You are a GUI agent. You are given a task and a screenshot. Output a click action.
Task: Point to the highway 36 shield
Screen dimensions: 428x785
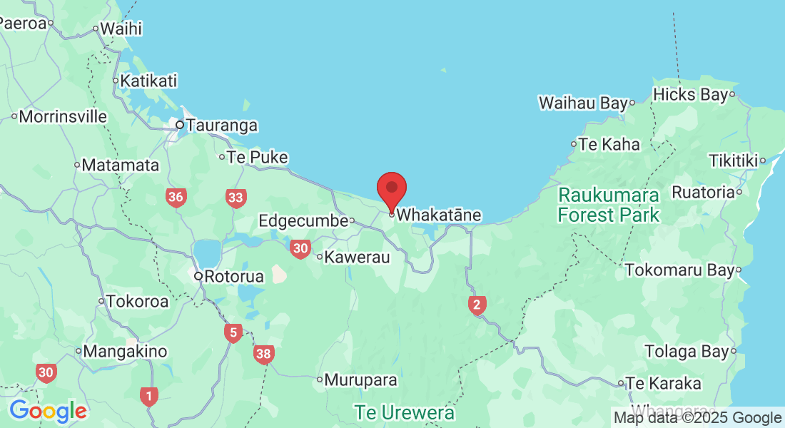click(176, 198)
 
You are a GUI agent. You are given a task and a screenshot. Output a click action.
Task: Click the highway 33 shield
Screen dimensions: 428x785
click(235, 198)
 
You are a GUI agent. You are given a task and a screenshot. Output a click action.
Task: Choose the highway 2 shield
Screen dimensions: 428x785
click(477, 305)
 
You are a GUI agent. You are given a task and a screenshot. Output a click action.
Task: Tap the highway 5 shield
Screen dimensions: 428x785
click(233, 332)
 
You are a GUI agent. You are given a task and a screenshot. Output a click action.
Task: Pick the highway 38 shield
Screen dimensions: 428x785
click(264, 353)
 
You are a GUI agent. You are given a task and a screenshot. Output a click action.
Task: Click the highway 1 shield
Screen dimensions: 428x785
click(148, 395)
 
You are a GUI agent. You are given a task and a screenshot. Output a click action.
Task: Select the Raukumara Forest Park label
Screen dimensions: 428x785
click(609, 204)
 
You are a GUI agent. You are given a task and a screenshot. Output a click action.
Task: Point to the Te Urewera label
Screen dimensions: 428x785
click(405, 413)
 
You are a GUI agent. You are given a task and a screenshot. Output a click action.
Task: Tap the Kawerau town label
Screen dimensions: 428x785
click(357, 257)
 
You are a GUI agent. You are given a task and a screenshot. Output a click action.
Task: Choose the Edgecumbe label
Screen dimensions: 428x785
click(303, 220)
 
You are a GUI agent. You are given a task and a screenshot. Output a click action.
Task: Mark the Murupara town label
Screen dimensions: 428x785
click(360, 380)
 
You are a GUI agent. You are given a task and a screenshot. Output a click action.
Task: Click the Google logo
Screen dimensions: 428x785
click(48, 411)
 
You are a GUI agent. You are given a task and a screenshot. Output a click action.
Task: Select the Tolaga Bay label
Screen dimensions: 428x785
click(687, 351)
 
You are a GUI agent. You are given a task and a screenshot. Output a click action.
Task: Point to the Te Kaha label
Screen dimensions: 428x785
click(609, 144)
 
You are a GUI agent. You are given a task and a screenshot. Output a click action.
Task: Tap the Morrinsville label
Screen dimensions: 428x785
click(63, 116)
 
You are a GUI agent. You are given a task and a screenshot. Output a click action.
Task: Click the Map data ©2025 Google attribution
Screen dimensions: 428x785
click(698, 418)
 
